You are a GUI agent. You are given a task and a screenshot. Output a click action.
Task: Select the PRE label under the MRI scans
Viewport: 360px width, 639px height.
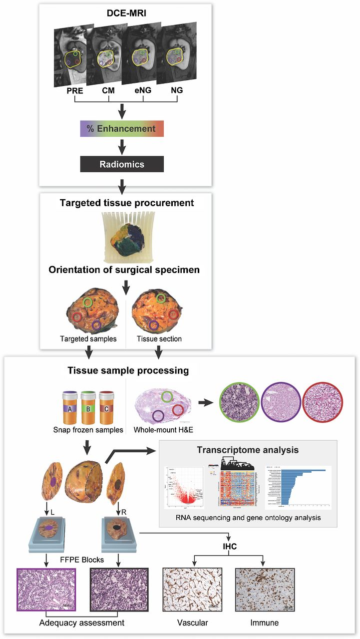(74, 91)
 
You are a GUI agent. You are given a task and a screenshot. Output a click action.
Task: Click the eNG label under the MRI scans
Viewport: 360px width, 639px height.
(143, 91)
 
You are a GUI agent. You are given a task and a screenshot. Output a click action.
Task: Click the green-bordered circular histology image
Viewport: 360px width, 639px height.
(239, 403)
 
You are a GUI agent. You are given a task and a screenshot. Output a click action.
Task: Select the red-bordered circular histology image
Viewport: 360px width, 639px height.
(324, 403)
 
